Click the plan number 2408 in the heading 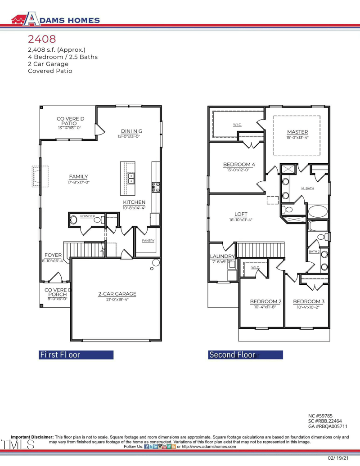42,40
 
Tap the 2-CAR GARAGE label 117,294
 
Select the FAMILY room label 78,176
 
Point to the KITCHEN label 134,202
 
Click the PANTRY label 148,241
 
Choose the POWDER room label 87,216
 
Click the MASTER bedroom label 297,131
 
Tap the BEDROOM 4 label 239,165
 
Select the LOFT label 241,214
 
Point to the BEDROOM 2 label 265,301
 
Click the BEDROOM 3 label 309,301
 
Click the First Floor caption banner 76,354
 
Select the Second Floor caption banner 245,355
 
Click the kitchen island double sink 131,180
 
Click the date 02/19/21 338,457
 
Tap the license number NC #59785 320,416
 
